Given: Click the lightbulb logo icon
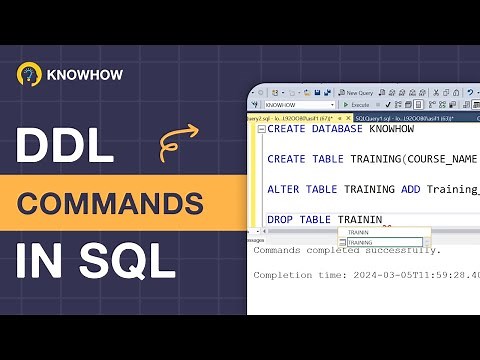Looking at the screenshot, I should point(29,75).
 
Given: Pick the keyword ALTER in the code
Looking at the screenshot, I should point(286,189).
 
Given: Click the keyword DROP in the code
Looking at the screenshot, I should point(283,219).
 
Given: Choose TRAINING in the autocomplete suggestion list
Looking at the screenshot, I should point(361,242).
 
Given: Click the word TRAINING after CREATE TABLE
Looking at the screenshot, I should point(376,160).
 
